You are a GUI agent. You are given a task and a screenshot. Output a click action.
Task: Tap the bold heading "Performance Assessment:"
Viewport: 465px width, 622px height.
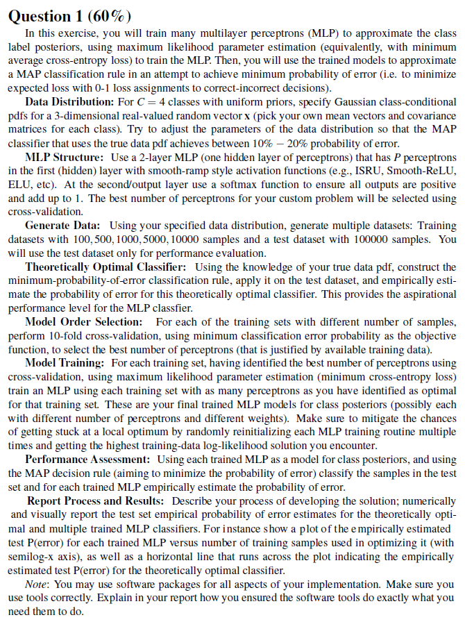tap(90, 459)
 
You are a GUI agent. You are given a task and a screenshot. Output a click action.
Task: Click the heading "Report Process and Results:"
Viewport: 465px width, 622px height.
tap(96, 500)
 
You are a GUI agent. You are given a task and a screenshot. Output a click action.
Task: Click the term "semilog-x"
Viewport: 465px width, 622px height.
tap(32, 554)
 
